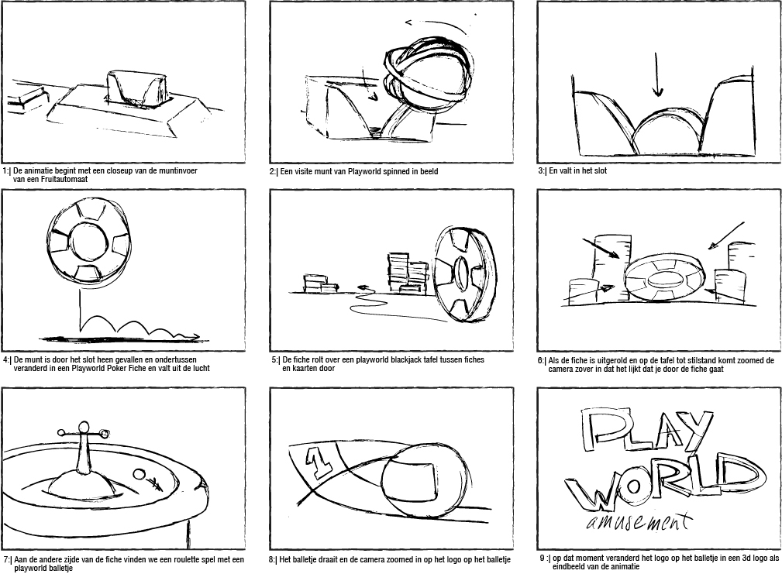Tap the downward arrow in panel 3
657,74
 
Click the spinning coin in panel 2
429,74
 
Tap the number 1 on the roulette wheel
319,462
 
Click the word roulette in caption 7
163,559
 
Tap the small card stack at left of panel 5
320,283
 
